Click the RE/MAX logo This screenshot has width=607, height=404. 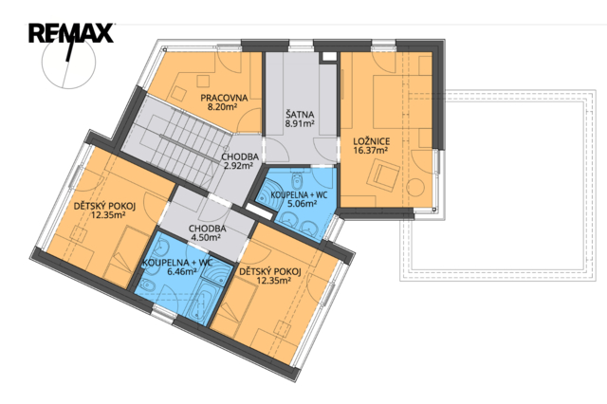click(x=71, y=33)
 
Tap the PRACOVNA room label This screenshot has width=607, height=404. click(x=224, y=98)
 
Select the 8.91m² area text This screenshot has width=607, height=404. click(x=300, y=124)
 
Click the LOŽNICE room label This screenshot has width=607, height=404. click(x=371, y=141)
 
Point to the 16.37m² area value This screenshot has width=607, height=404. click(x=371, y=151)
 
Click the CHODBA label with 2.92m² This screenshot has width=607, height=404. click(x=240, y=157)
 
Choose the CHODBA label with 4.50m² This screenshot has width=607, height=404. click(x=207, y=229)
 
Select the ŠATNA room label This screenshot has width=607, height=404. click(x=300, y=115)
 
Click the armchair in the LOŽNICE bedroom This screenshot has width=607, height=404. click(x=384, y=174)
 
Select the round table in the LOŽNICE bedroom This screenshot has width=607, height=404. click(x=415, y=187)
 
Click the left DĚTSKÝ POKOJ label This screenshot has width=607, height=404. click(x=104, y=207)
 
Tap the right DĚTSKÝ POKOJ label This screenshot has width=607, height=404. click(x=269, y=271)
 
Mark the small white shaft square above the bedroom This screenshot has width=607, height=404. click(x=329, y=56)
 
